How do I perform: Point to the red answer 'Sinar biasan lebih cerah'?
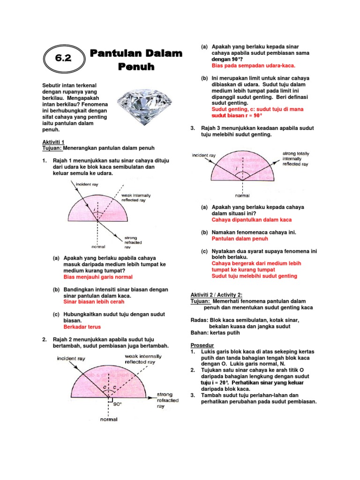[x=94, y=302]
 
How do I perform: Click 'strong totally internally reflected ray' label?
[x=295, y=159]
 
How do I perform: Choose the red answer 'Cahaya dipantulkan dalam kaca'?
[x=251, y=219]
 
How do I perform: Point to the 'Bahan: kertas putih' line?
[x=215, y=333]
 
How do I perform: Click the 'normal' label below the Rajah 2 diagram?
[x=109, y=419]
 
